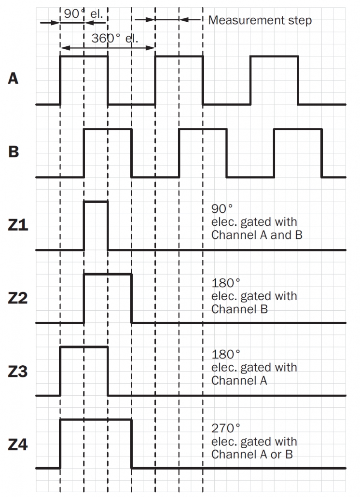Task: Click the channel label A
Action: pos(13,79)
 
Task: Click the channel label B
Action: pos(14,152)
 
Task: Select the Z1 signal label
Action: pos(18,225)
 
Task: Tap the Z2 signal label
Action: pos(18,298)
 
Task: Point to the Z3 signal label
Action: pos(18,372)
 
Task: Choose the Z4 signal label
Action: pos(18,444)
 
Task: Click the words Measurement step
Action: pos(260,20)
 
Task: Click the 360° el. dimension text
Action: pos(115,38)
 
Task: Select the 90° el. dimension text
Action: pos(83,14)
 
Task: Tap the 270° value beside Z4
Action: pos(225,428)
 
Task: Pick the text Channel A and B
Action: pos(257,235)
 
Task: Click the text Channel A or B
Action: pos(252,454)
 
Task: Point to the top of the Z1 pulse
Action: pos(96,201)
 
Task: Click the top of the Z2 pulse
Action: pos(108,274)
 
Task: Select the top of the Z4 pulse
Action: pos(96,420)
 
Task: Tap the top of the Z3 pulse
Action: pos(84,347)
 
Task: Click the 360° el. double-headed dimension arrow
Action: pos(108,48)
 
